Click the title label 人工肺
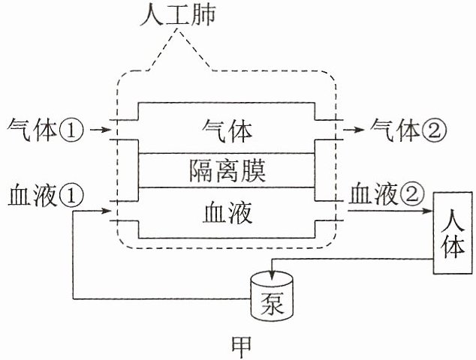[178, 14]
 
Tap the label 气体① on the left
[45, 130]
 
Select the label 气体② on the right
[408, 130]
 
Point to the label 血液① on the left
[46, 195]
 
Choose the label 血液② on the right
[386, 194]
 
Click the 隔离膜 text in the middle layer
[227, 170]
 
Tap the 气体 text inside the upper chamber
[227, 131]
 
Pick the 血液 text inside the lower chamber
[227, 214]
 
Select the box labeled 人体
[452, 233]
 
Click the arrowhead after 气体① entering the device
[107, 130]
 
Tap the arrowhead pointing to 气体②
[360, 130]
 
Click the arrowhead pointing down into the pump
[272, 273]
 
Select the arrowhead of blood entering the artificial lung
[107, 211]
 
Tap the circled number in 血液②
[412, 195]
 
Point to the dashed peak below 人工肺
[178, 30]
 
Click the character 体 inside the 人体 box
[453, 248]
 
